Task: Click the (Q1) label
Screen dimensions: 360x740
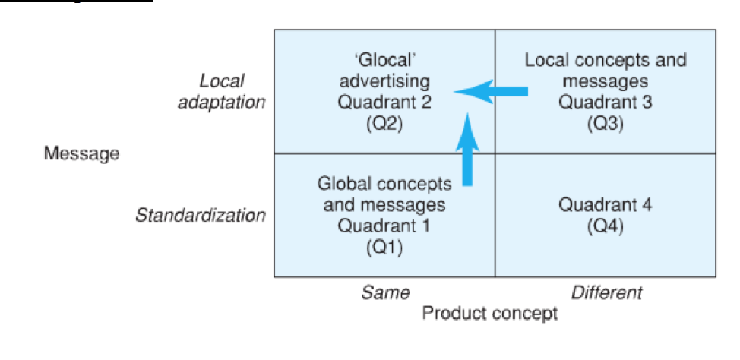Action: (384, 246)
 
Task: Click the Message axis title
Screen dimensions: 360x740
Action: (81, 153)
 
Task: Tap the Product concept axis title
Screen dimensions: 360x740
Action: (490, 312)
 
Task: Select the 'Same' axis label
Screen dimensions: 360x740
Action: (385, 292)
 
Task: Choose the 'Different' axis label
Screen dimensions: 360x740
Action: (606, 292)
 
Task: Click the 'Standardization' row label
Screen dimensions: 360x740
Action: (200, 215)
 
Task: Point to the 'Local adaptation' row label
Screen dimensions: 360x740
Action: (221, 92)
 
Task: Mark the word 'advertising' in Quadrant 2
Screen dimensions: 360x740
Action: (384, 81)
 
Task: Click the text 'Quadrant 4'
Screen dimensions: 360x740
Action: (605, 204)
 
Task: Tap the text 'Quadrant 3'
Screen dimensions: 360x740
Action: (605, 102)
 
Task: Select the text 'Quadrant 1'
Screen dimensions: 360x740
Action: (384, 226)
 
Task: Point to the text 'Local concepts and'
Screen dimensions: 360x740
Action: (605, 61)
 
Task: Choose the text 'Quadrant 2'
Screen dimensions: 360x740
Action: (384, 102)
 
